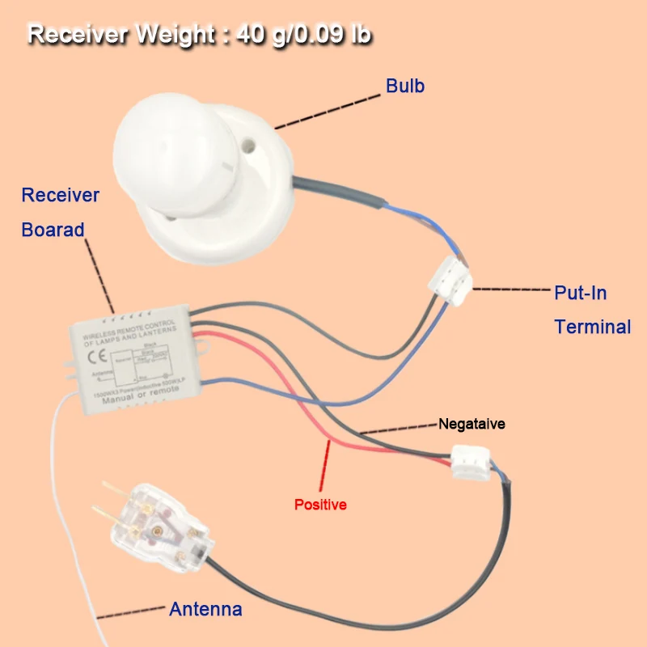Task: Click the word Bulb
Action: point(405,86)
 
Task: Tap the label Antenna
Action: point(205,609)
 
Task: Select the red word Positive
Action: point(320,505)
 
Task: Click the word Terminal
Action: point(592,327)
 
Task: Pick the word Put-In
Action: point(580,292)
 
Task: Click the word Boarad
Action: point(53,230)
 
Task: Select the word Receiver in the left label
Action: point(61,195)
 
